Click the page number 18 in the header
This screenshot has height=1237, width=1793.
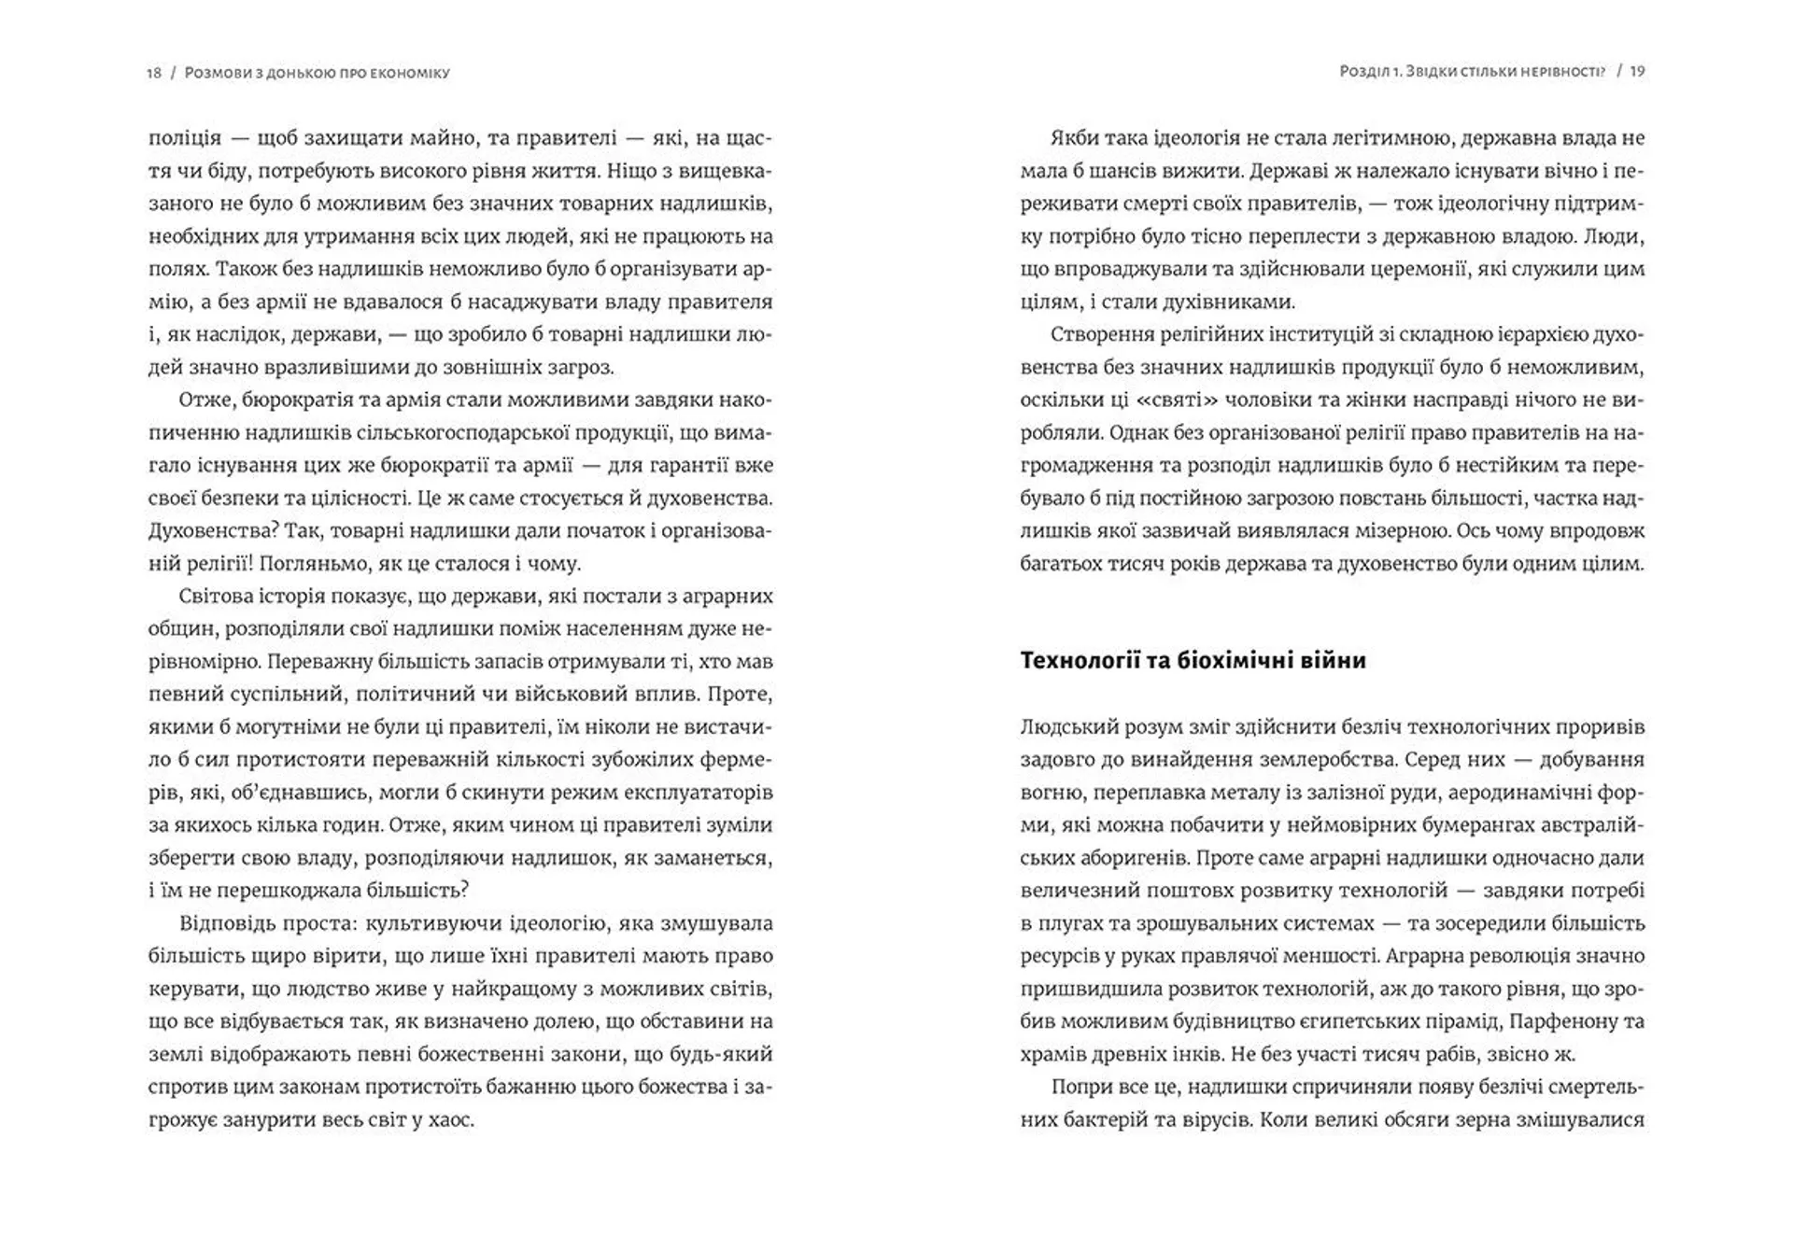click(154, 73)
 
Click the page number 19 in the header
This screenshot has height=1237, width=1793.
click(1637, 71)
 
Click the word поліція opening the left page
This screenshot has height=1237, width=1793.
click(185, 138)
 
